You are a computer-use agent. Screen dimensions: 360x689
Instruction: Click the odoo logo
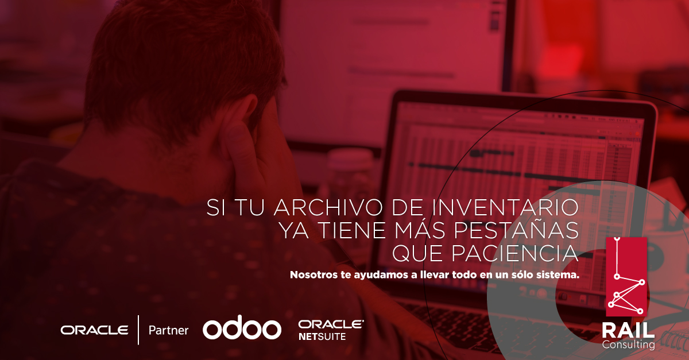pos(242,330)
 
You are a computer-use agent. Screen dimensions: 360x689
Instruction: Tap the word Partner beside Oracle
pos(168,330)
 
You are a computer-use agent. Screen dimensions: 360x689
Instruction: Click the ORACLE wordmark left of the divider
pos(95,330)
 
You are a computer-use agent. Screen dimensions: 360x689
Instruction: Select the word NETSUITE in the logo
pos(322,337)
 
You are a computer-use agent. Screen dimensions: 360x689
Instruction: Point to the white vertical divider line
pos(138,330)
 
